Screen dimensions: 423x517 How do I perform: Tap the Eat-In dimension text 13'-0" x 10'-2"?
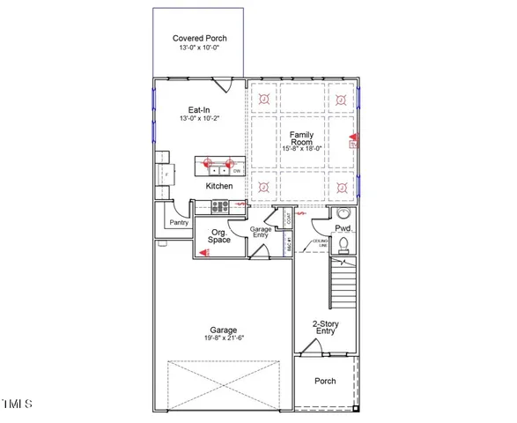pyautogui.click(x=198, y=118)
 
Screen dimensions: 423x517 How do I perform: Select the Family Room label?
pyautogui.click(x=302, y=139)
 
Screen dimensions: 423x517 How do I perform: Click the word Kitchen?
pyautogui.click(x=219, y=186)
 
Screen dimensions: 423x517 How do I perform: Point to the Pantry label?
pyautogui.click(x=179, y=223)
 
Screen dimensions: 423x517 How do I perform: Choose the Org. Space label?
pyautogui.click(x=219, y=235)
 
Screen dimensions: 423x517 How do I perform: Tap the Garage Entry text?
pyautogui.click(x=262, y=233)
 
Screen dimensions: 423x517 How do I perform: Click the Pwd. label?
pyautogui.click(x=343, y=227)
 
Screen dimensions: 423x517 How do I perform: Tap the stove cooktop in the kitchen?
pyautogui.click(x=220, y=208)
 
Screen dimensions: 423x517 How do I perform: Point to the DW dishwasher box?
pyautogui.click(x=237, y=171)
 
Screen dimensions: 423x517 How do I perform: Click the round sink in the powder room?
pyautogui.click(x=345, y=213)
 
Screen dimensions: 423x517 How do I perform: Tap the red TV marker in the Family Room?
pyautogui.click(x=352, y=138)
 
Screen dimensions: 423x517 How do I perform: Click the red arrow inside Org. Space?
pyautogui.click(x=204, y=252)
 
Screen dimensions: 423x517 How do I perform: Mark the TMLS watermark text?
pyautogui.click(x=17, y=404)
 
